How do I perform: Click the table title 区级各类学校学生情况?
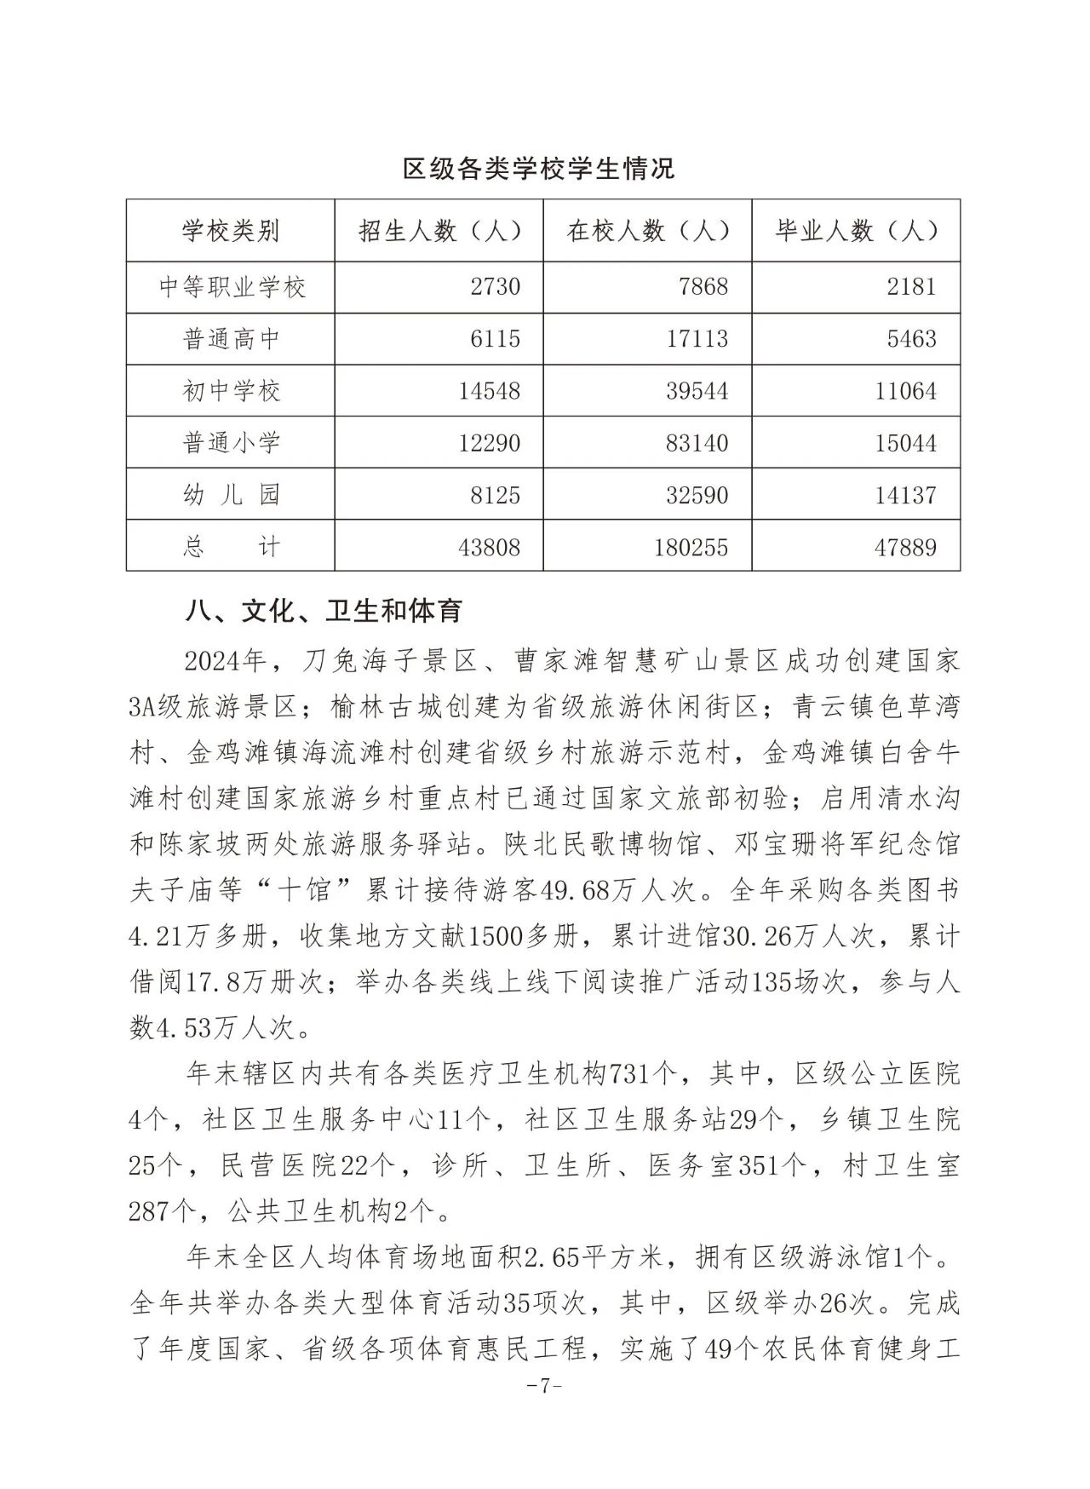point(538,168)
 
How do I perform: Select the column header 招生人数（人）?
point(439,231)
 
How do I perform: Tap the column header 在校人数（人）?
point(648,231)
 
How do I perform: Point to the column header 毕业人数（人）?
point(857,231)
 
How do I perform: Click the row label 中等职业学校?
point(232,287)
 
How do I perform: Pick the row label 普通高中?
point(232,339)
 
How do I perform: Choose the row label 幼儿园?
point(232,495)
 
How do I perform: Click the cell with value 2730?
point(495,287)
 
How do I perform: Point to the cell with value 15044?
point(905,443)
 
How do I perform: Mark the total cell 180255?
point(691,547)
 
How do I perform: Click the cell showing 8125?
point(495,495)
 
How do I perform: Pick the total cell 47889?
point(905,547)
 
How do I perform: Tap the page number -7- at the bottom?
point(543,1386)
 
